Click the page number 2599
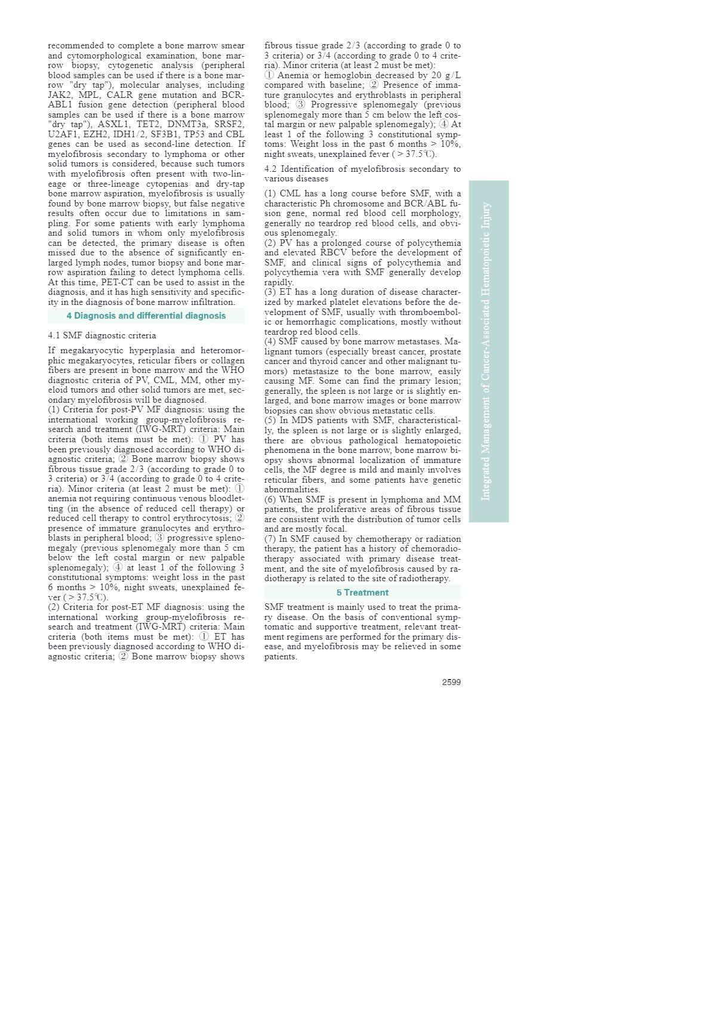[451, 682]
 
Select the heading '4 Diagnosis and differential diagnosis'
[146, 316]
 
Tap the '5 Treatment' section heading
[362, 593]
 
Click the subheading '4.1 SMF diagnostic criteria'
[102, 335]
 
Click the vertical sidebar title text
[486, 351]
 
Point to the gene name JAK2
[60, 95]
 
